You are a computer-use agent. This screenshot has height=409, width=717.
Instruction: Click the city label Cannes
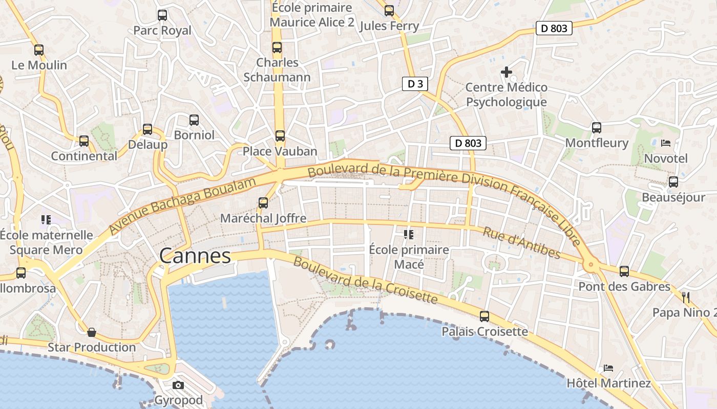(195, 256)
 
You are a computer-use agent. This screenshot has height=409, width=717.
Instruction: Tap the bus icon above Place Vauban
(280, 136)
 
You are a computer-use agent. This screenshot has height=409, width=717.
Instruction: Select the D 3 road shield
(415, 84)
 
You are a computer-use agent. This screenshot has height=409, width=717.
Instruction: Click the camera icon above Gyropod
(178, 385)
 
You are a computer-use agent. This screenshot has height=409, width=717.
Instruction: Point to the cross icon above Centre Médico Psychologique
(507, 72)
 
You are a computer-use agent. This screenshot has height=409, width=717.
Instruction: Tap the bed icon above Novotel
(666, 143)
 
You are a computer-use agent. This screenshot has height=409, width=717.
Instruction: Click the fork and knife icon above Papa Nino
(686, 297)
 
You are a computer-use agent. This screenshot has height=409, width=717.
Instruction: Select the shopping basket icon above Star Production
(92, 333)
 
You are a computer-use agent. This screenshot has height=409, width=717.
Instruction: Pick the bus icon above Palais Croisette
(484, 316)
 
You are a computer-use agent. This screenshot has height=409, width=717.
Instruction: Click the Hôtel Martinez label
(608, 383)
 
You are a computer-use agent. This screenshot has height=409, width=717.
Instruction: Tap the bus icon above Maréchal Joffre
(263, 203)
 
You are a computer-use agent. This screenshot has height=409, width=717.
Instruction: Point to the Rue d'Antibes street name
(521, 243)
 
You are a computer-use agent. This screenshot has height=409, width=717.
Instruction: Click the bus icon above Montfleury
(597, 128)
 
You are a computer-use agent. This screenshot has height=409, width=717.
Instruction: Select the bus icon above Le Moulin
(39, 50)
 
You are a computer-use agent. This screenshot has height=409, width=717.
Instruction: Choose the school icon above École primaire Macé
(408, 235)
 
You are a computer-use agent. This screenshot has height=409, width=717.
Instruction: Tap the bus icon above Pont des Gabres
(624, 271)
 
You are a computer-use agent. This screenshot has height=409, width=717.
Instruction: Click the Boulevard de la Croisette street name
(365, 280)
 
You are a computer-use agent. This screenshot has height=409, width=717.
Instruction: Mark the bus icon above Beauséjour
(673, 182)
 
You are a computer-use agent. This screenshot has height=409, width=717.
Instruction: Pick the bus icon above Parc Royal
(162, 15)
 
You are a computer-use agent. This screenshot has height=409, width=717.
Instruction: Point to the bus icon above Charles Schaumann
(277, 48)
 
